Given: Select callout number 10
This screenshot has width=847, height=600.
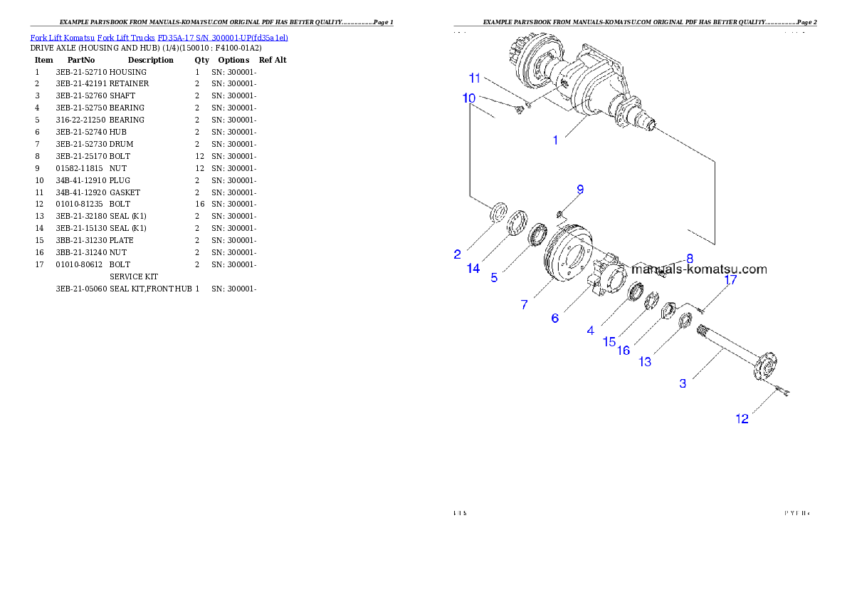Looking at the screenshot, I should (469, 98).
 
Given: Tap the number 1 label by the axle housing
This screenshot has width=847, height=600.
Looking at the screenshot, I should (556, 140).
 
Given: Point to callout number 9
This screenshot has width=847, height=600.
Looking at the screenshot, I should (580, 190).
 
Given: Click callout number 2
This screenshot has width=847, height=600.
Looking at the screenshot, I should (458, 254).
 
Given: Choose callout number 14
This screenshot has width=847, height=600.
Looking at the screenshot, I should (474, 268).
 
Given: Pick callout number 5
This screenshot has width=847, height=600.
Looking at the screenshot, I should (494, 277).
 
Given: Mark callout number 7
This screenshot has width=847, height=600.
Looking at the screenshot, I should (525, 304).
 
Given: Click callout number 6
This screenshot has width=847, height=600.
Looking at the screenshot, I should (555, 318).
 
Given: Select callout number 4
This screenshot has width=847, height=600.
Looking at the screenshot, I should (590, 331).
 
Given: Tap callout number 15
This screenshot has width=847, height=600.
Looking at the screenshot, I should (609, 341).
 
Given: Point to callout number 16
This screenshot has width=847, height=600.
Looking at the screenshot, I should (624, 351).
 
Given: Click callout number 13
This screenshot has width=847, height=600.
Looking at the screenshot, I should (645, 362).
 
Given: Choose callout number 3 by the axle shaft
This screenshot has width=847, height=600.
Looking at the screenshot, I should (683, 383).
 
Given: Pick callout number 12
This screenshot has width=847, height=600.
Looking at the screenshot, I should (742, 419).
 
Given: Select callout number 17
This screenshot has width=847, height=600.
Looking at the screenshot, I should (731, 281).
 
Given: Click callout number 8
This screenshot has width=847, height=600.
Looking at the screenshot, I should (689, 258).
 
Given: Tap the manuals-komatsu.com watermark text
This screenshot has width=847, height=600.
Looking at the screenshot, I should (700, 269).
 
